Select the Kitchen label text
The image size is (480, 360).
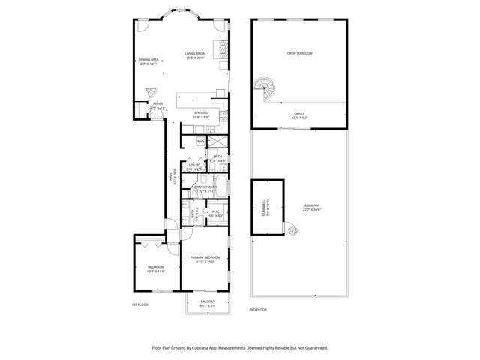tap(200, 113)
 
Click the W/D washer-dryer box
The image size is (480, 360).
tap(200, 140)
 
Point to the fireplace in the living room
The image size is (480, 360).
tap(223, 49)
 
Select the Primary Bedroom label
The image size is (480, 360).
tap(205, 258)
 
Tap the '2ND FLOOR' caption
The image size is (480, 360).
tap(258, 309)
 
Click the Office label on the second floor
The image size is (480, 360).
tap(299, 113)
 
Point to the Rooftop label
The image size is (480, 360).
tap(311, 207)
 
